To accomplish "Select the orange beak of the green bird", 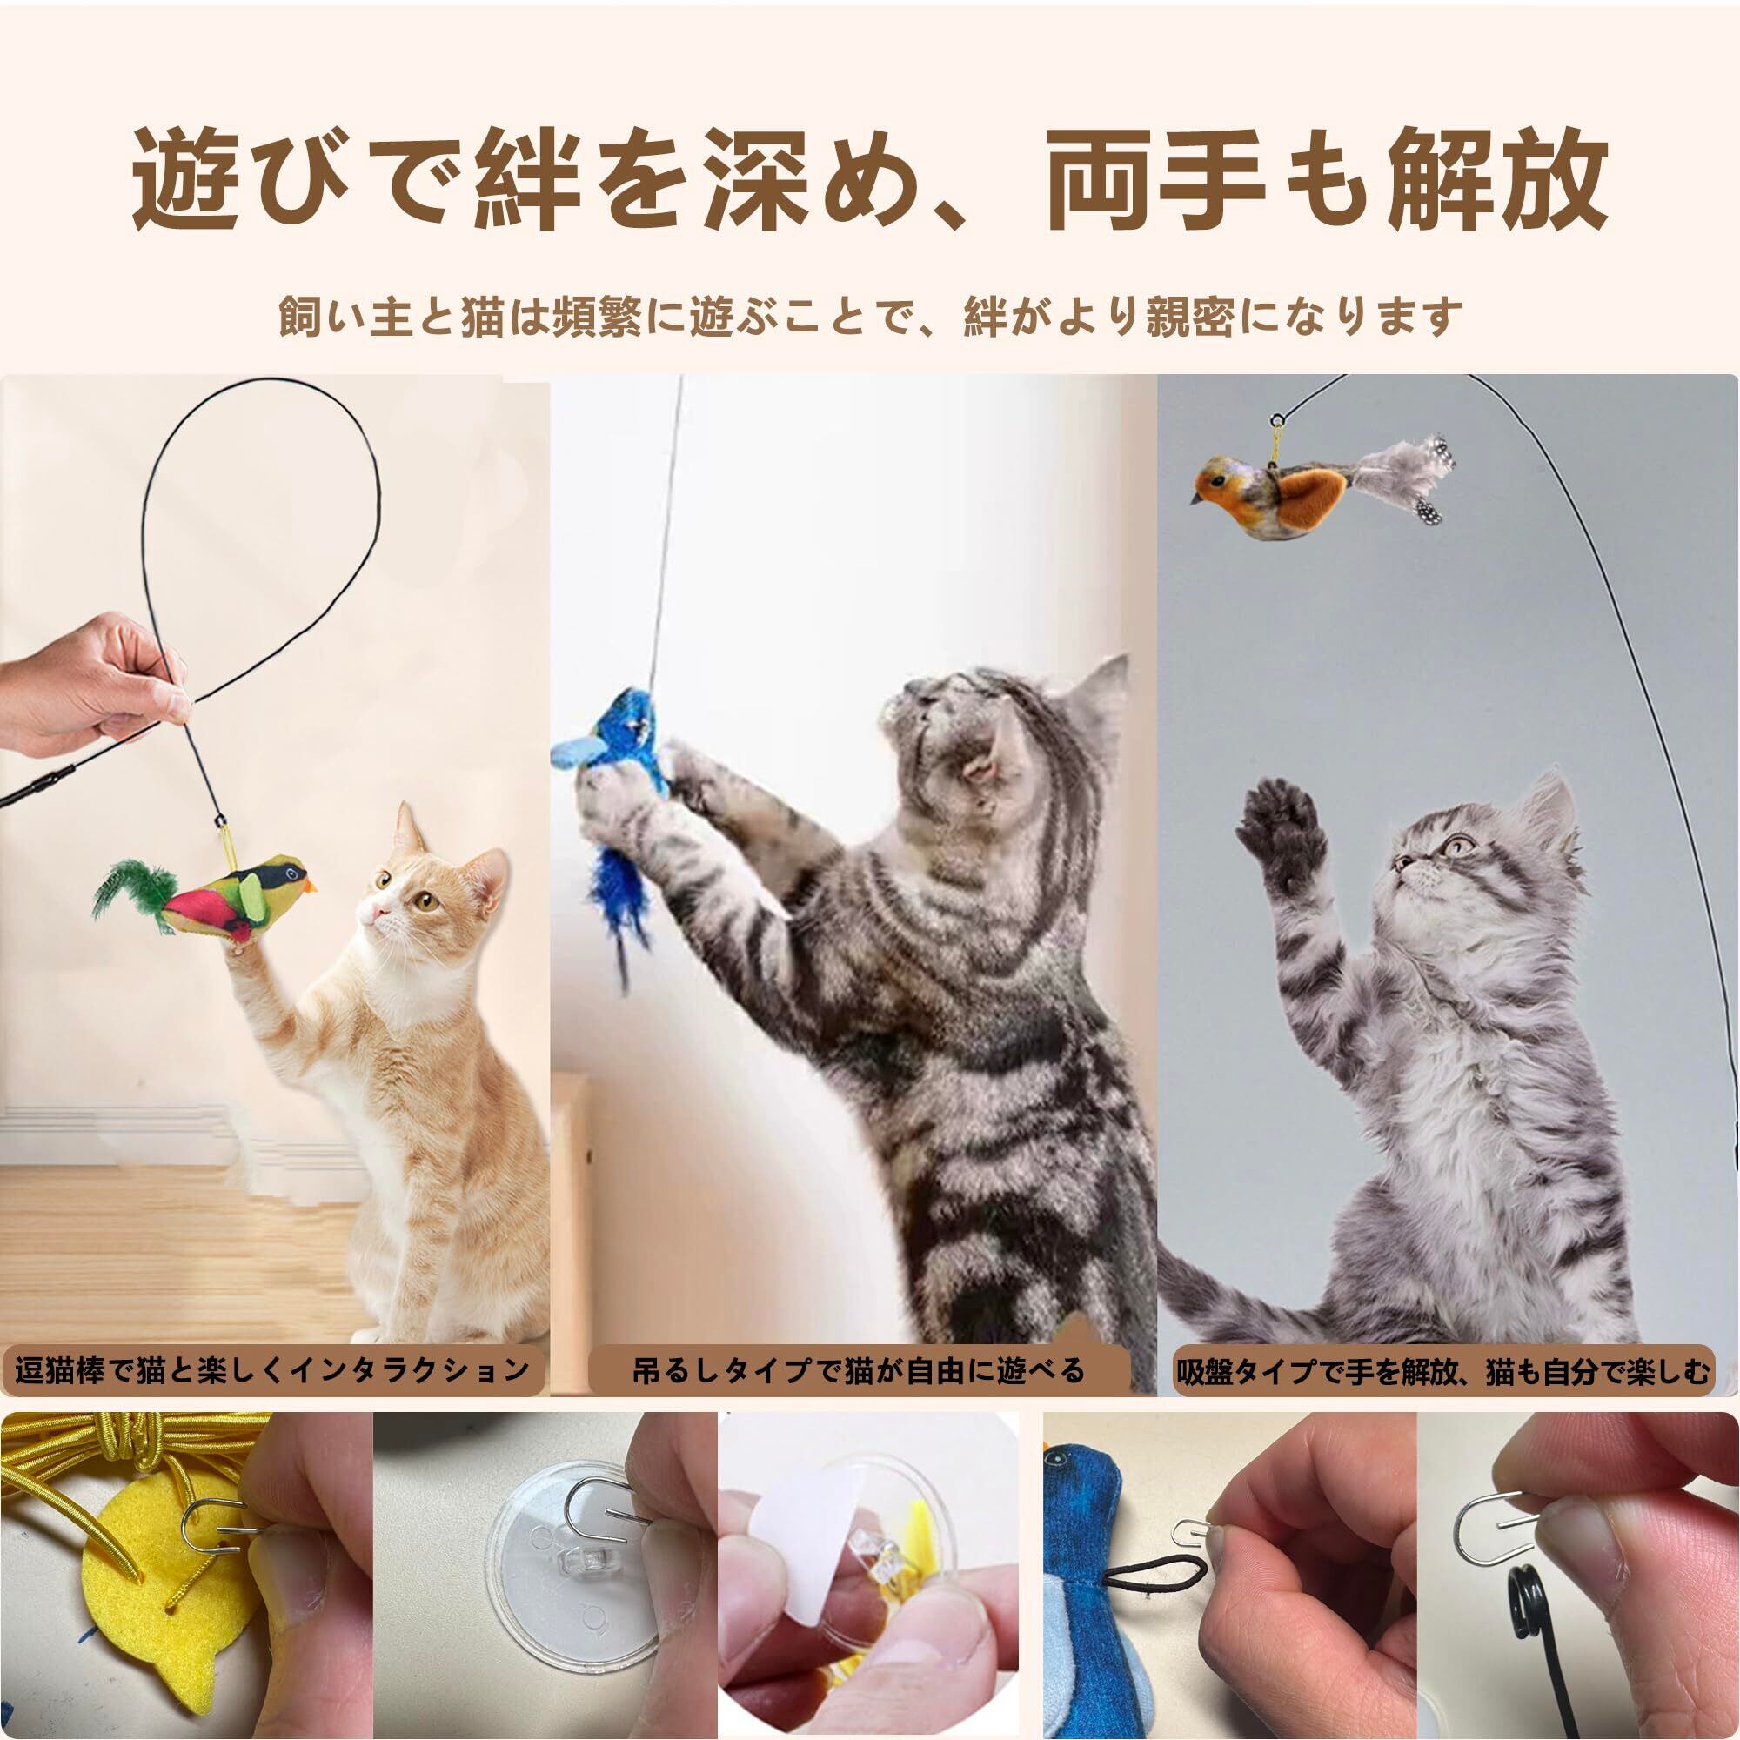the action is (x=311, y=888).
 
